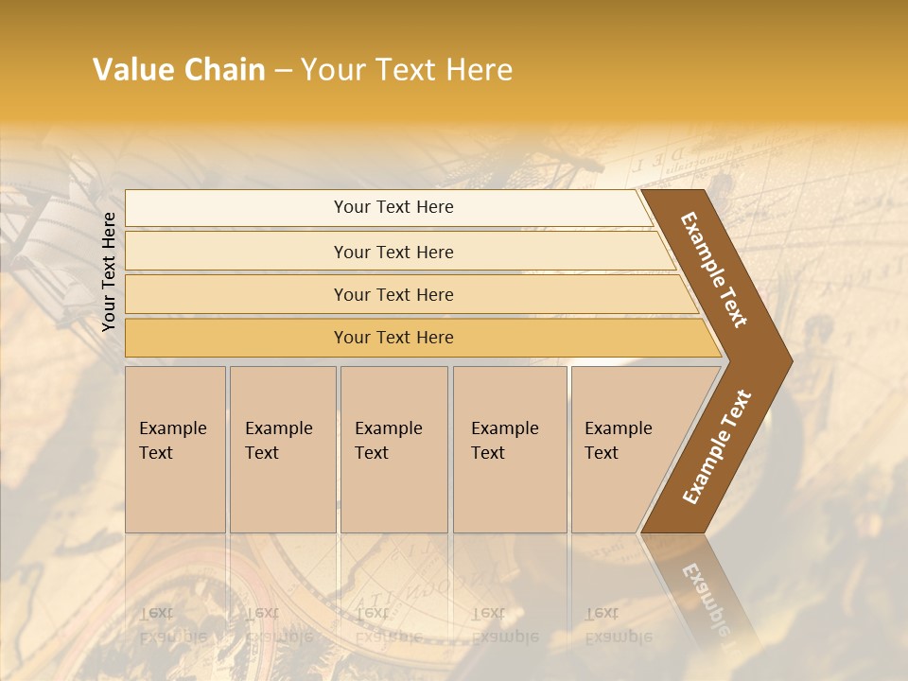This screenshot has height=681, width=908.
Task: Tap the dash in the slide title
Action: [283, 71]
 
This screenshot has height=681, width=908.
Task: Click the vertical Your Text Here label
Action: [109, 272]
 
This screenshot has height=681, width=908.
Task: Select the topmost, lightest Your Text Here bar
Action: [393, 207]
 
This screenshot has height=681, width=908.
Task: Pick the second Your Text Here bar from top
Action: [393, 252]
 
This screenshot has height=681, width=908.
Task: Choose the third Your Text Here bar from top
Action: [393, 294]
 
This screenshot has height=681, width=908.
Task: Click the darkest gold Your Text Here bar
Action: [393, 338]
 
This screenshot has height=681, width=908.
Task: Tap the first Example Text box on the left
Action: [175, 449]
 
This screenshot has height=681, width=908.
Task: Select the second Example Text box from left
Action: [282, 449]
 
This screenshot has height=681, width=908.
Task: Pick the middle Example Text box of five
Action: [393, 449]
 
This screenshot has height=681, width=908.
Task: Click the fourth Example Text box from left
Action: [509, 449]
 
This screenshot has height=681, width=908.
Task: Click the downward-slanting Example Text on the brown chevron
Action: [714, 270]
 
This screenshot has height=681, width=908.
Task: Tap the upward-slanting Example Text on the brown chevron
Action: [717, 446]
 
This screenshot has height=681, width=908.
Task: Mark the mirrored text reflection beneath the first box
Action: [173, 624]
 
